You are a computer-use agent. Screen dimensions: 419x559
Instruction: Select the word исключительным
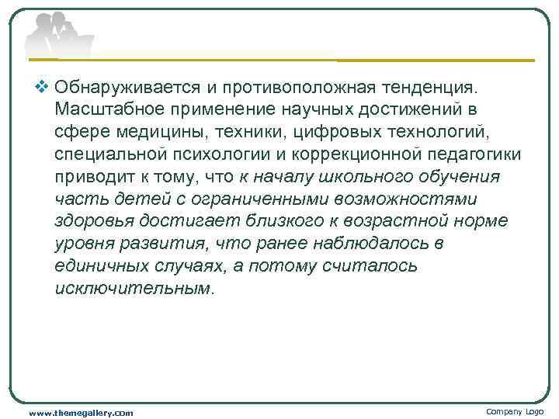[133, 289]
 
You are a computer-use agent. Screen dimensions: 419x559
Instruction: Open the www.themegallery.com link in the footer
[80, 413]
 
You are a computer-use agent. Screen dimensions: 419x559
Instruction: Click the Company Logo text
[515, 411]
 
